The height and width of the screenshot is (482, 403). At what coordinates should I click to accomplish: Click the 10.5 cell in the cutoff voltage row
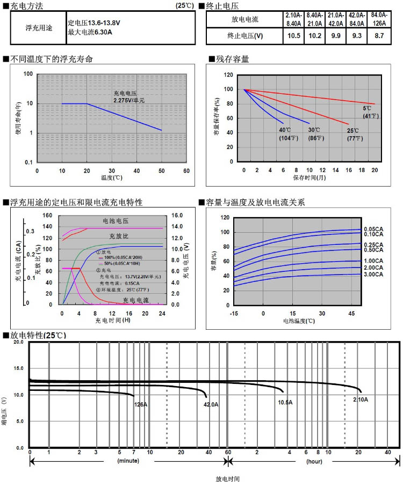tap(294, 36)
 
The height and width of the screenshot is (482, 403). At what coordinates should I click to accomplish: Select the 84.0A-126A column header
tap(379, 19)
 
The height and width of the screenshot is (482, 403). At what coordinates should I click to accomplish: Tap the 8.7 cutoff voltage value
tap(379, 36)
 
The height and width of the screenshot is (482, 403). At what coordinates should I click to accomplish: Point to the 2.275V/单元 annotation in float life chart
tap(129, 100)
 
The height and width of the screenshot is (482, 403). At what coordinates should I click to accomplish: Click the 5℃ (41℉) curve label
tap(371, 112)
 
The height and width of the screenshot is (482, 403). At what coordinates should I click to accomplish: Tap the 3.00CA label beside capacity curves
tap(373, 275)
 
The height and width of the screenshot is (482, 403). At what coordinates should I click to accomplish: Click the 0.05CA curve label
tap(373, 229)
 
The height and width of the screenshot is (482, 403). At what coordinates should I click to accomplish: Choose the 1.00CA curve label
tap(373, 261)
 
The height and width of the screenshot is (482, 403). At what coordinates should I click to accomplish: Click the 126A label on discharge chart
tap(140, 404)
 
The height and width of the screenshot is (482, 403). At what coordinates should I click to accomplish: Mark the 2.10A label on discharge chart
tap(360, 399)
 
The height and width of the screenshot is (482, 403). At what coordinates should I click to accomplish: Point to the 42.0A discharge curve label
tap(211, 404)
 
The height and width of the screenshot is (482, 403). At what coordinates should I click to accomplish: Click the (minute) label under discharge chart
tap(128, 461)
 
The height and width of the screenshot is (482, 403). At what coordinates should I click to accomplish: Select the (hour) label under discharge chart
tap(314, 461)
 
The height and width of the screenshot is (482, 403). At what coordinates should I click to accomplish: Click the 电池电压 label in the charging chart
tap(116, 221)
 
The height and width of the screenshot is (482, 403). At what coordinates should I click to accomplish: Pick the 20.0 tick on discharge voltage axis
tap(19, 342)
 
